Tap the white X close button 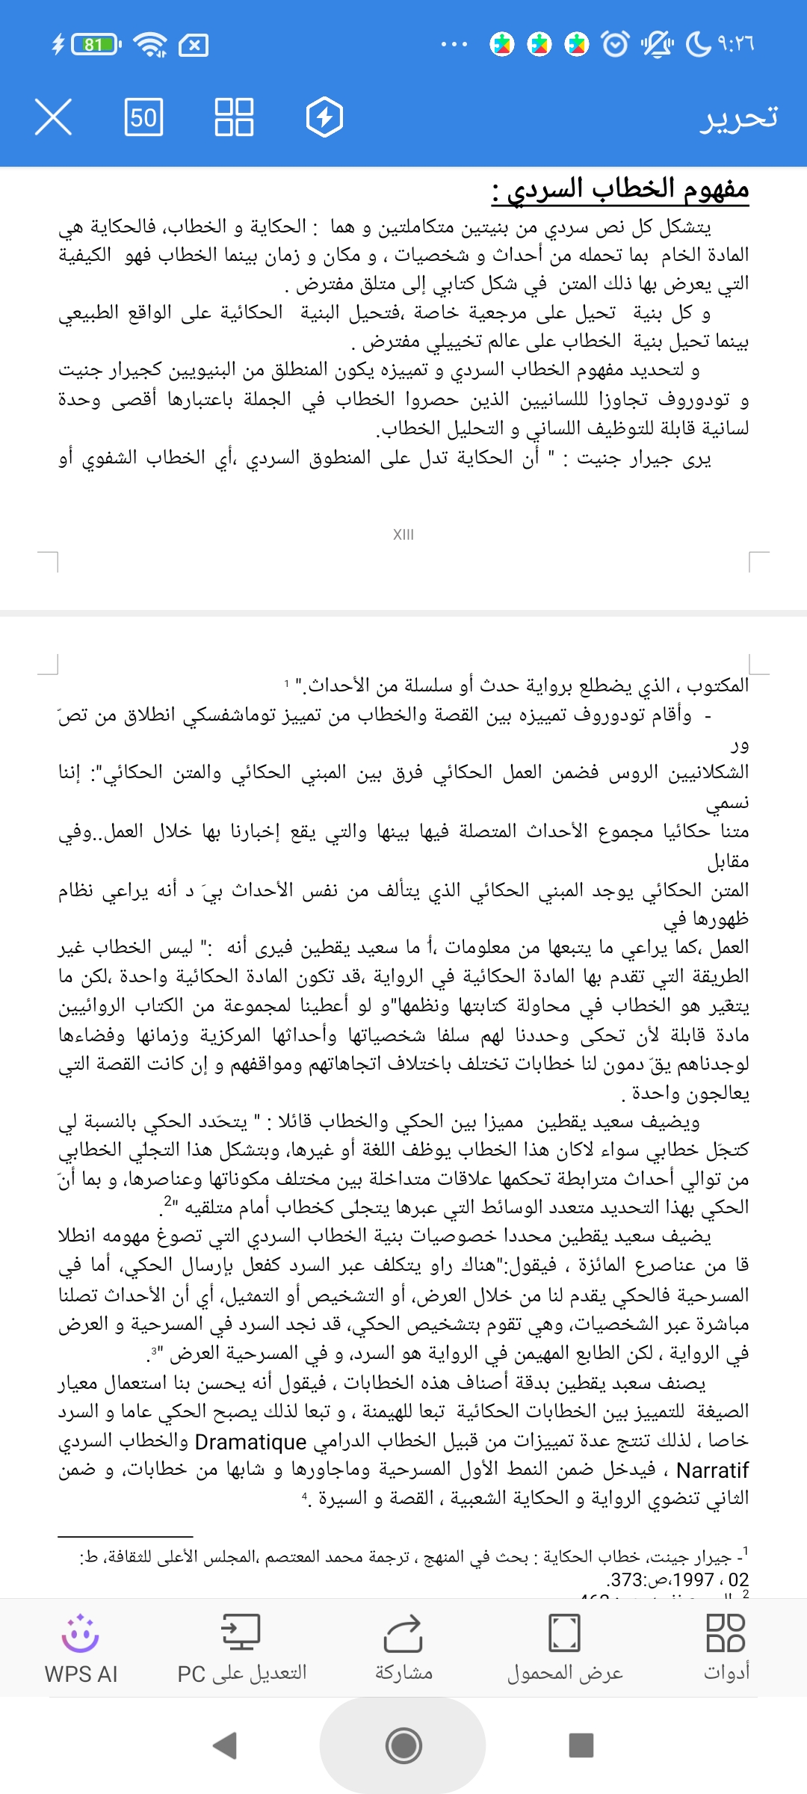click(x=53, y=117)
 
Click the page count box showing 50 click(x=143, y=117)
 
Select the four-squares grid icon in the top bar click(x=234, y=117)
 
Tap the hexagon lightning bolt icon click(x=324, y=117)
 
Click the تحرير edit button click(x=738, y=118)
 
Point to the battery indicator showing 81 click(x=95, y=46)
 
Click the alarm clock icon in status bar click(x=615, y=45)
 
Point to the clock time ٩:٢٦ click(x=735, y=45)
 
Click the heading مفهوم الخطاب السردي click(x=620, y=189)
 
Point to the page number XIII click(x=403, y=534)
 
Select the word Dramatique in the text click(x=250, y=1442)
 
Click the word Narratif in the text click(x=712, y=1471)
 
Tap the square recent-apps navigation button click(x=581, y=1745)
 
